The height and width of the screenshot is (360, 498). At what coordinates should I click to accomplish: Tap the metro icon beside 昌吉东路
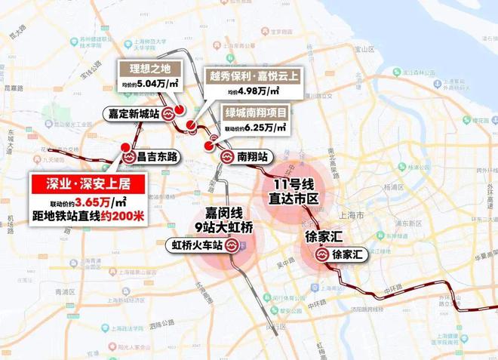coord(128,157)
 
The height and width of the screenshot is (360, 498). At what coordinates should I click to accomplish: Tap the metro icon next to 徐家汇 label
coord(321,255)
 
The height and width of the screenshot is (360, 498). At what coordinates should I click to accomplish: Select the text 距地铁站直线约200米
coord(87,217)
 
